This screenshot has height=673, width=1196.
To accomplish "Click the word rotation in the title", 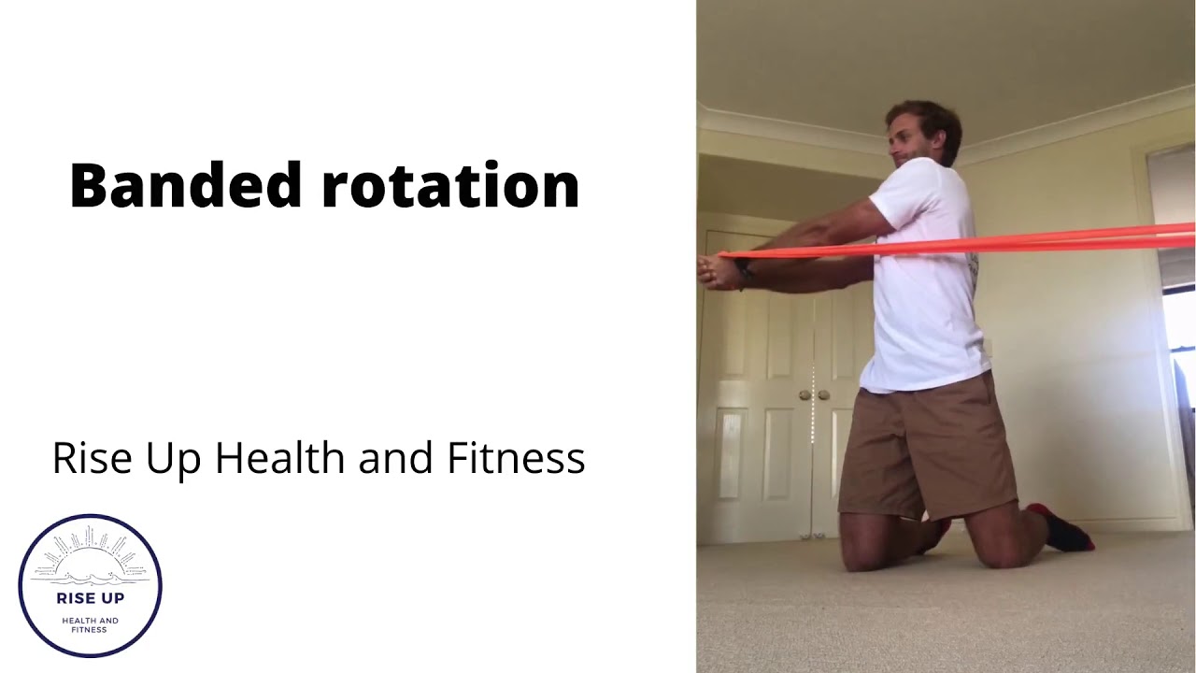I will point(450,185).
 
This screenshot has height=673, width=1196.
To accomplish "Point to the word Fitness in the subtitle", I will point(516,458).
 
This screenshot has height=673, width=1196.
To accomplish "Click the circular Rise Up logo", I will point(90,585).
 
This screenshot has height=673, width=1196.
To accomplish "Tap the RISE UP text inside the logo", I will point(90,598).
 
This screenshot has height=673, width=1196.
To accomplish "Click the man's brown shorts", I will point(925,449).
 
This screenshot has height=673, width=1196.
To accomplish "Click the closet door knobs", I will point(813,395).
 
